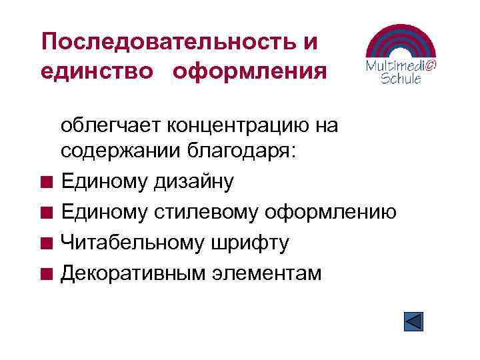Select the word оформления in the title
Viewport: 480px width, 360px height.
[x=250, y=71]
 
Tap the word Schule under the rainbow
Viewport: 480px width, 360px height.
[x=400, y=79]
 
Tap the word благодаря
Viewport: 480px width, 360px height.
[x=241, y=151]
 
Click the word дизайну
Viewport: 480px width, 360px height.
[x=195, y=182]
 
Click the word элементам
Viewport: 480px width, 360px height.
[x=265, y=273]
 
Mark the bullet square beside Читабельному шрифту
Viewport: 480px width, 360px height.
[x=45, y=243]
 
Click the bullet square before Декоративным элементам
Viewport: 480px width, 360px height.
[x=45, y=273]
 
